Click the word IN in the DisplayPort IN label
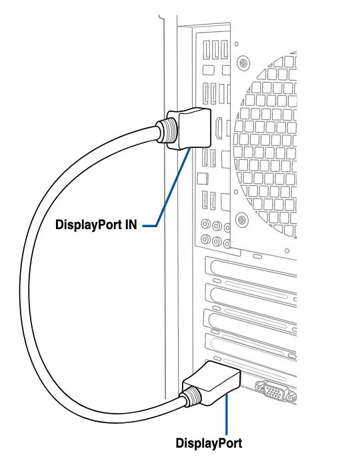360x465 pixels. click(131, 225)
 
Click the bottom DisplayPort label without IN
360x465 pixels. click(209, 444)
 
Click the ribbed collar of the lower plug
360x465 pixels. click(192, 397)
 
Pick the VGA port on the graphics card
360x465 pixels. click(273, 392)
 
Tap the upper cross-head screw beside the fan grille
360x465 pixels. click(243, 63)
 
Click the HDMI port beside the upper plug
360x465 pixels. click(219, 128)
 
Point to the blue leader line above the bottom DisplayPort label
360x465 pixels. click(227, 414)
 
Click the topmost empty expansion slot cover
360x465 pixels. click(251, 267)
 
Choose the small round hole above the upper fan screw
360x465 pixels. click(237, 44)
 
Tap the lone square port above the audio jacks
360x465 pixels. click(203, 179)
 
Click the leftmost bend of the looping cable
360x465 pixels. click(25, 284)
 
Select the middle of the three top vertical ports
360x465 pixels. click(216, 49)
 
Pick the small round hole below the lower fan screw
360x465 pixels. click(287, 251)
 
